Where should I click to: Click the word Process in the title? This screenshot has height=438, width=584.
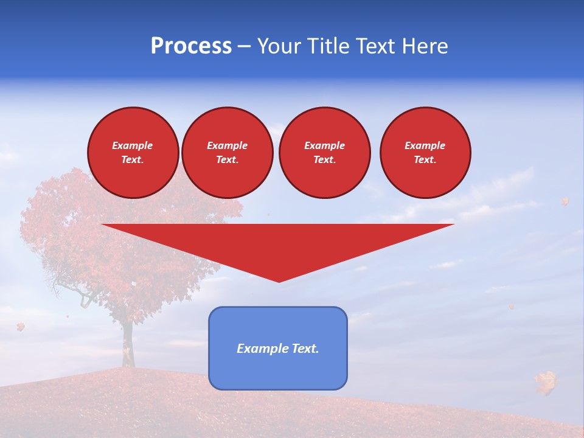tap(191, 46)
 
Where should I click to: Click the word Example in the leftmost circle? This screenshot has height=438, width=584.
tap(132, 145)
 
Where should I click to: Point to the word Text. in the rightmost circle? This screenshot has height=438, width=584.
tap(425, 159)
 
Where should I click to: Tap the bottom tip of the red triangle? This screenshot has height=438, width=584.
tap(279, 281)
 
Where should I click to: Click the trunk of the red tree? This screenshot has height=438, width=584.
tap(127, 341)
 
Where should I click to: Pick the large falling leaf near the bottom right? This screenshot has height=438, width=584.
tap(546, 382)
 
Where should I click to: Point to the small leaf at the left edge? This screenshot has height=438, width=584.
tap(20, 327)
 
